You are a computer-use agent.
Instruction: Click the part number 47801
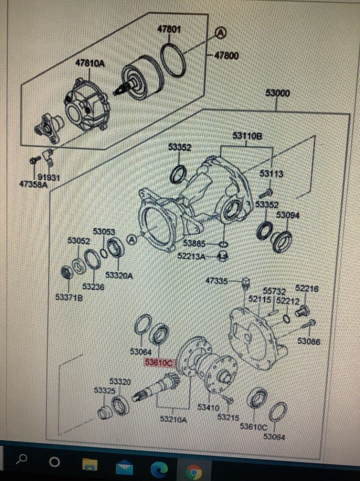point(169,29)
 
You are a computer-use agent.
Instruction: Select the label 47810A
point(90,64)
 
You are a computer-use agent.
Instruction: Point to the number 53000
point(278,93)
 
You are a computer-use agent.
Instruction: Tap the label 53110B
point(247,135)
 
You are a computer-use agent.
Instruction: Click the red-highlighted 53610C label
point(158,363)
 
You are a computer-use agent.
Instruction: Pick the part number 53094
point(288,215)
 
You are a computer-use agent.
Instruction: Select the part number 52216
point(307,289)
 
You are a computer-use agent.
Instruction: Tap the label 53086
point(309,342)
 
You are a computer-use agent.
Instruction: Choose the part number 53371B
point(69,297)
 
